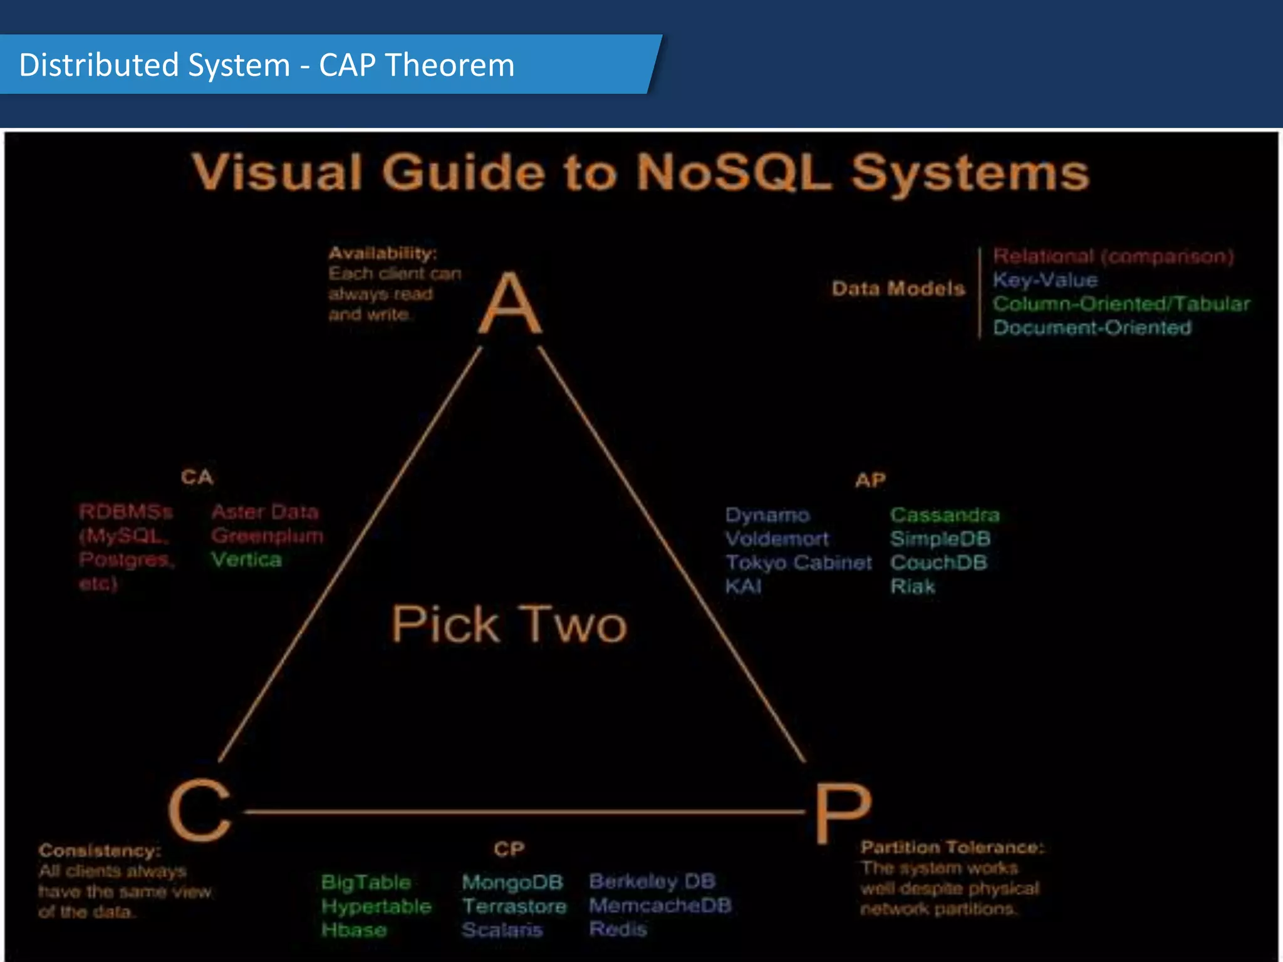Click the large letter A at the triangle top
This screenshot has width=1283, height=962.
pos(510,304)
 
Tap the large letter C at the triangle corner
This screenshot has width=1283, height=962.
pos(199,812)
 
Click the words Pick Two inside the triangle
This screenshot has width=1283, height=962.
pos(509,624)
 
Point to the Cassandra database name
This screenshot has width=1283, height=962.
pos(945,515)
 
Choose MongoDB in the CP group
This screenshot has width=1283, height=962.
pos(512,882)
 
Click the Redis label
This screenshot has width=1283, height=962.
pos(618,929)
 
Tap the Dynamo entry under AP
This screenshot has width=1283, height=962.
pos(767,515)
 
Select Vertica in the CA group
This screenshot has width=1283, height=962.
pos(246,559)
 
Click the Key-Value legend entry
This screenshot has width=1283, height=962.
pos(1045,280)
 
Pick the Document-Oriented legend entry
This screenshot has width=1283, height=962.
pos(1092,328)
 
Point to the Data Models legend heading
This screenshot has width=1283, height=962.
pos(898,289)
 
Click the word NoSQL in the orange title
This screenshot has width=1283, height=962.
pos(733,172)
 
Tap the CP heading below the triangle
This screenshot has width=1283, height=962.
pos(509,849)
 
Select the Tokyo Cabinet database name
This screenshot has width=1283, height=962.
pos(798,562)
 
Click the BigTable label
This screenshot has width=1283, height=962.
pos(366,882)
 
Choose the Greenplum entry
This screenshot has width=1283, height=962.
pos(268,535)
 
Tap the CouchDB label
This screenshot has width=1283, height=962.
pos(938,562)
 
